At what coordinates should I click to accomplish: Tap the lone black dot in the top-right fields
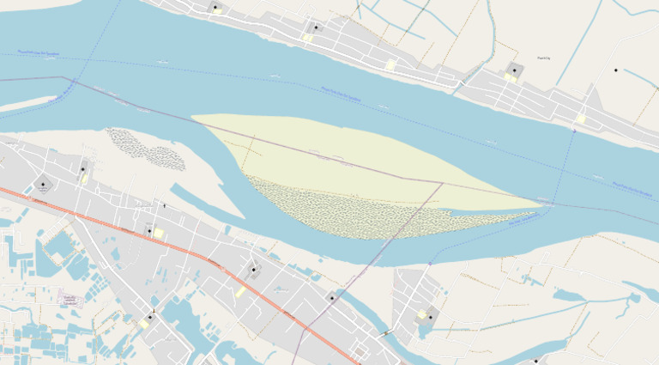pyautogui.click(x=615, y=70)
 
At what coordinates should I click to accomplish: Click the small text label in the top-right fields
pyautogui.click(x=542, y=58)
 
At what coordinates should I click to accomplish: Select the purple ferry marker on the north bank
pyautogui.click(x=574, y=131)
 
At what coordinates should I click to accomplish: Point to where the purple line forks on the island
pyautogui.click(x=442, y=182)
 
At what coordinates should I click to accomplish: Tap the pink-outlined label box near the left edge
pyautogui.click(x=69, y=299)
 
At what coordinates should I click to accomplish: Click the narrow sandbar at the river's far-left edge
pyautogui.click(x=26, y=105)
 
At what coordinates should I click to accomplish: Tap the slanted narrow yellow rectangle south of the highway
pyautogui.click(x=240, y=292)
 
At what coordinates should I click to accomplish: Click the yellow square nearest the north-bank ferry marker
pyautogui.click(x=581, y=119)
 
